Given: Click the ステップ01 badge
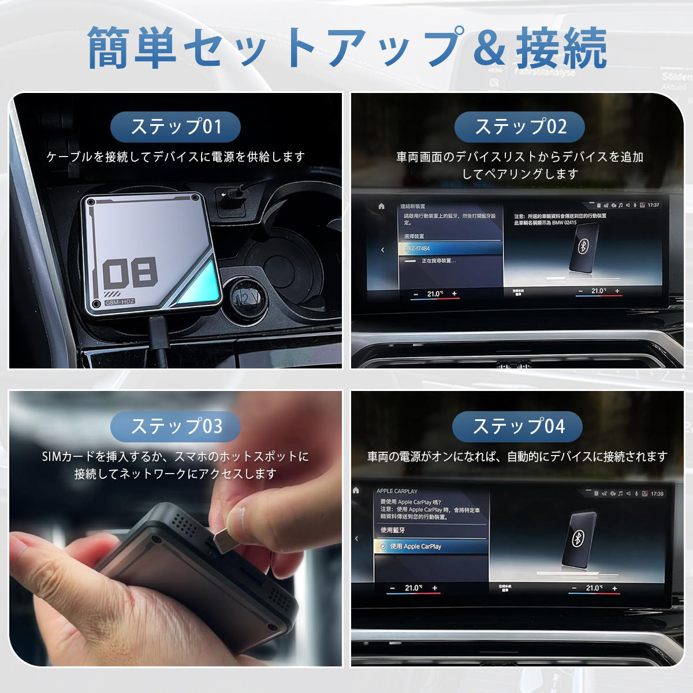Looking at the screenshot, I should [176, 127].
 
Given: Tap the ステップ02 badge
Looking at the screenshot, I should [520, 127].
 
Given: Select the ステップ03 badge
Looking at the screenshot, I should [176, 426].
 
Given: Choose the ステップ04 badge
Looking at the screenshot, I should [517, 426].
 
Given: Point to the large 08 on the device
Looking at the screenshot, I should [131, 272].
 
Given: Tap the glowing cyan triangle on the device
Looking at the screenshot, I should [199, 284].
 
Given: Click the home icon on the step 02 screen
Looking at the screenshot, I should [381, 206].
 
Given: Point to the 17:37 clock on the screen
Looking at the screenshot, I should [653, 205].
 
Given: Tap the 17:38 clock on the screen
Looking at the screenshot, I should [657, 494].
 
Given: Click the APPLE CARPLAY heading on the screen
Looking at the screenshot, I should [397, 491].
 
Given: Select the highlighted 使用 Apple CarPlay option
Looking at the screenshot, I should [430, 546].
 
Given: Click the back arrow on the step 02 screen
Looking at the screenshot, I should [382, 250].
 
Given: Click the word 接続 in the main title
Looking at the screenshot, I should [561, 49].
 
